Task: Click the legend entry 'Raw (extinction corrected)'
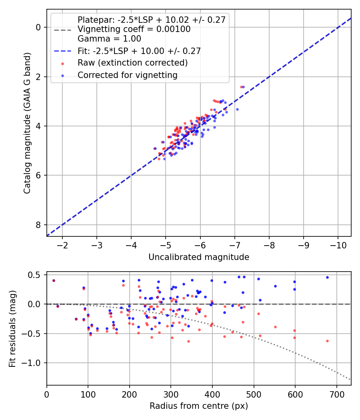132,63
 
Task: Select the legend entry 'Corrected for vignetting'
128,75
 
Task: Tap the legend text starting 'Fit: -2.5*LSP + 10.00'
139,51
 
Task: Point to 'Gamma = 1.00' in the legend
109,39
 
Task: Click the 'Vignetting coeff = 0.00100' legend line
134,29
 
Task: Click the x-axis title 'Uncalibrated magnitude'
199,257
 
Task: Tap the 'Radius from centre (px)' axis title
199,406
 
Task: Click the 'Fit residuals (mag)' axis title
12,329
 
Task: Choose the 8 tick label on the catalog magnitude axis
38,225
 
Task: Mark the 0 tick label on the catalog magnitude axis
38,27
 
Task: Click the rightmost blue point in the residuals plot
327,277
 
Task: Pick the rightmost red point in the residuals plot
327,341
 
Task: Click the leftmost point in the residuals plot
54,280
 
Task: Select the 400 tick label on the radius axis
212,394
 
